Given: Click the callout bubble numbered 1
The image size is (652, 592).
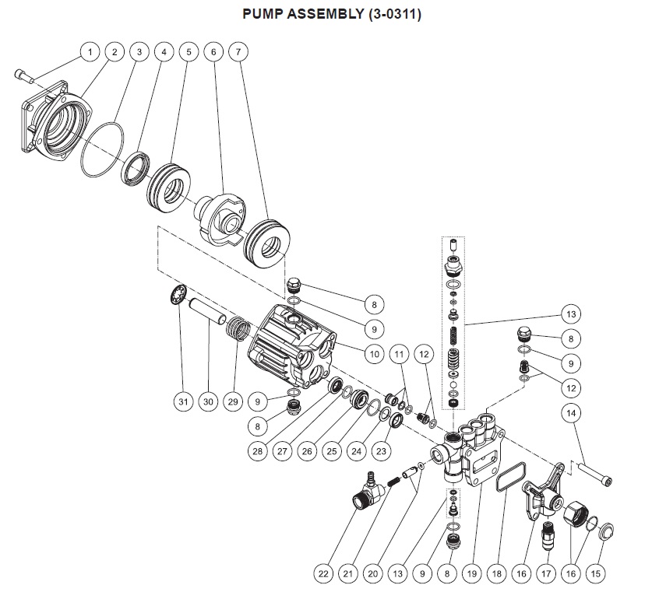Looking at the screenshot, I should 90,52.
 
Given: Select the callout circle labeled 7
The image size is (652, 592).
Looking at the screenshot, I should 239,52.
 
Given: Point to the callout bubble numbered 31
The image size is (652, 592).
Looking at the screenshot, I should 182,402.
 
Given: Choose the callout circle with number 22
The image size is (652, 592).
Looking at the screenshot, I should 323,574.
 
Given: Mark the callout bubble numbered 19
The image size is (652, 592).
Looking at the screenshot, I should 470,574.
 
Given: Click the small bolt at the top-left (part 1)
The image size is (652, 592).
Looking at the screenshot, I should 23,75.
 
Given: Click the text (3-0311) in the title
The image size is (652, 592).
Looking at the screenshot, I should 394,15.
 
